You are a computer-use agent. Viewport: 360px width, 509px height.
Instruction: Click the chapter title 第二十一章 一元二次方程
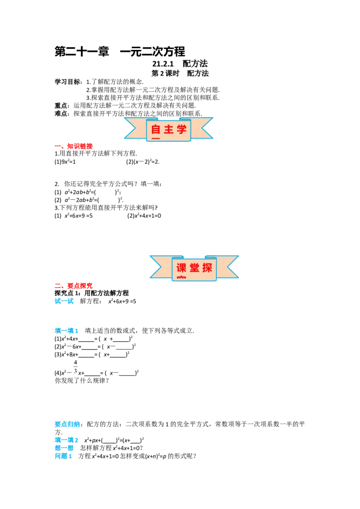[120, 52]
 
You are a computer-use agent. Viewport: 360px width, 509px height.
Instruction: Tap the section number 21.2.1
[163, 64]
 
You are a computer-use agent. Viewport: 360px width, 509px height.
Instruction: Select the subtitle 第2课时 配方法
[180, 73]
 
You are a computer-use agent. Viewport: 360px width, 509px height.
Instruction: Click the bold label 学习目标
[67, 82]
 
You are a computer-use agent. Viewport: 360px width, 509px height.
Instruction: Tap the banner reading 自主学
[168, 129]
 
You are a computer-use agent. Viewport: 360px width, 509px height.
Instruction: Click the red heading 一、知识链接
[73, 146]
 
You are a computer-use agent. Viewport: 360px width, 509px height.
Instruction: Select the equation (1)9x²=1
[65, 162]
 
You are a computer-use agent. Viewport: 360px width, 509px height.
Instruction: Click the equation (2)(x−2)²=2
[143, 162]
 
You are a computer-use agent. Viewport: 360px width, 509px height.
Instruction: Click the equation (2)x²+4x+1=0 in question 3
[144, 215]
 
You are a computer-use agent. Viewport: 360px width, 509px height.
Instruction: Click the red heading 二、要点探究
[73, 286]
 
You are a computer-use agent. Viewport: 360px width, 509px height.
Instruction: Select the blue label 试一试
[64, 301]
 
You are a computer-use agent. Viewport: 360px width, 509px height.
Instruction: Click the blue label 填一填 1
[66, 331]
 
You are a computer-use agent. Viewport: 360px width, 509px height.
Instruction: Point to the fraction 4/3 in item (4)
[76, 366]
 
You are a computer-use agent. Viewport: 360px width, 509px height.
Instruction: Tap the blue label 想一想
[64, 448]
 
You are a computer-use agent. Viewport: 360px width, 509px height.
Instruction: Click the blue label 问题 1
[63, 456]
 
